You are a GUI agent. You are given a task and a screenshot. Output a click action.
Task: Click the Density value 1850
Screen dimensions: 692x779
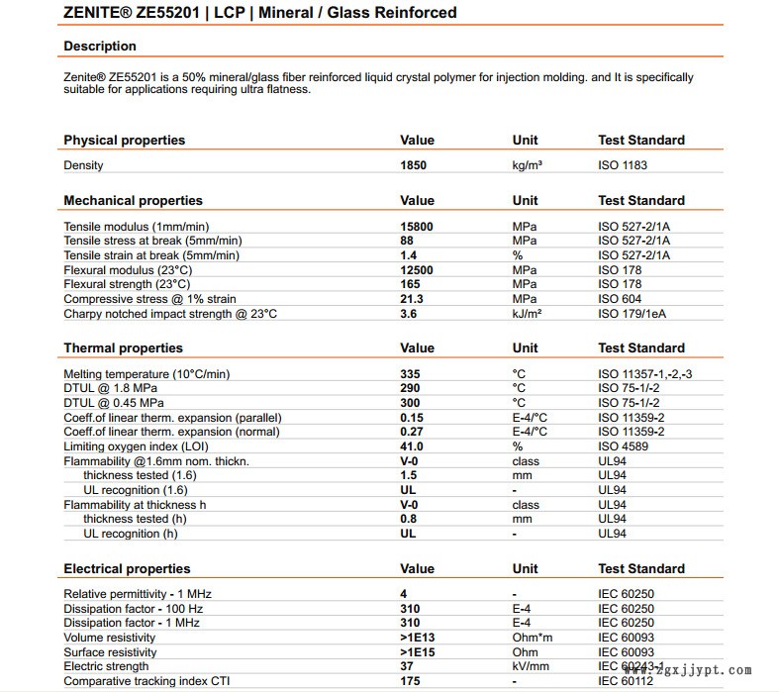tap(413, 165)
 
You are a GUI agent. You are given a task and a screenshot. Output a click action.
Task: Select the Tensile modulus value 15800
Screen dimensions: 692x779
tap(416, 227)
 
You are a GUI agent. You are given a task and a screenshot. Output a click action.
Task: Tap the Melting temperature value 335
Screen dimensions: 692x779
tap(410, 374)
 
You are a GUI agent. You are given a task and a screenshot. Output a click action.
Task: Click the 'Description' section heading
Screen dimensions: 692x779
tap(100, 47)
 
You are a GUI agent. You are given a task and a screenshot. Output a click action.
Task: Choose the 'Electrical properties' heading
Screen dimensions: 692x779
tap(127, 569)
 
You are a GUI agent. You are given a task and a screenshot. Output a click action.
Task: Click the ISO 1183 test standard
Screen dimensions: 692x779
tap(623, 165)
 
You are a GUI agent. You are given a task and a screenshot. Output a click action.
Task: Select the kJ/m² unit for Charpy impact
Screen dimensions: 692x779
tap(527, 314)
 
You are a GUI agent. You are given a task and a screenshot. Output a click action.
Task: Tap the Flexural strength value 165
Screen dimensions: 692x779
tap(410, 285)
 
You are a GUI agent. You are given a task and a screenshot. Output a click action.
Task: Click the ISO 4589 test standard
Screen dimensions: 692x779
tap(623, 446)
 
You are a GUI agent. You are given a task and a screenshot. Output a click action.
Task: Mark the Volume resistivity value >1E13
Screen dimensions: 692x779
tap(418, 639)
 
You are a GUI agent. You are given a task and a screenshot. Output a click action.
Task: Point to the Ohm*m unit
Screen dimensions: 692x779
tap(534, 639)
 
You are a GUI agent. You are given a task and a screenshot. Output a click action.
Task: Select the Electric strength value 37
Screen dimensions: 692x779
tap(407, 667)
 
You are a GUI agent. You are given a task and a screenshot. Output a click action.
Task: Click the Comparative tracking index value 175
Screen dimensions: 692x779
tap(410, 681)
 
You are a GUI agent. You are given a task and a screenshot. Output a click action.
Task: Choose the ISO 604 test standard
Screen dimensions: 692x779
tap(620, 299)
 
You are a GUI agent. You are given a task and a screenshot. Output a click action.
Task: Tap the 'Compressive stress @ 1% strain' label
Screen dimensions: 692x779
tap(148, 299)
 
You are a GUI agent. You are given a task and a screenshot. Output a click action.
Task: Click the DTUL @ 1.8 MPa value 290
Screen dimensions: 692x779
tap(410, 388)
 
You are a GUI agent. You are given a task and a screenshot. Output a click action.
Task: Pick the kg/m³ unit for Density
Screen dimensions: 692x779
tap(529, 165)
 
